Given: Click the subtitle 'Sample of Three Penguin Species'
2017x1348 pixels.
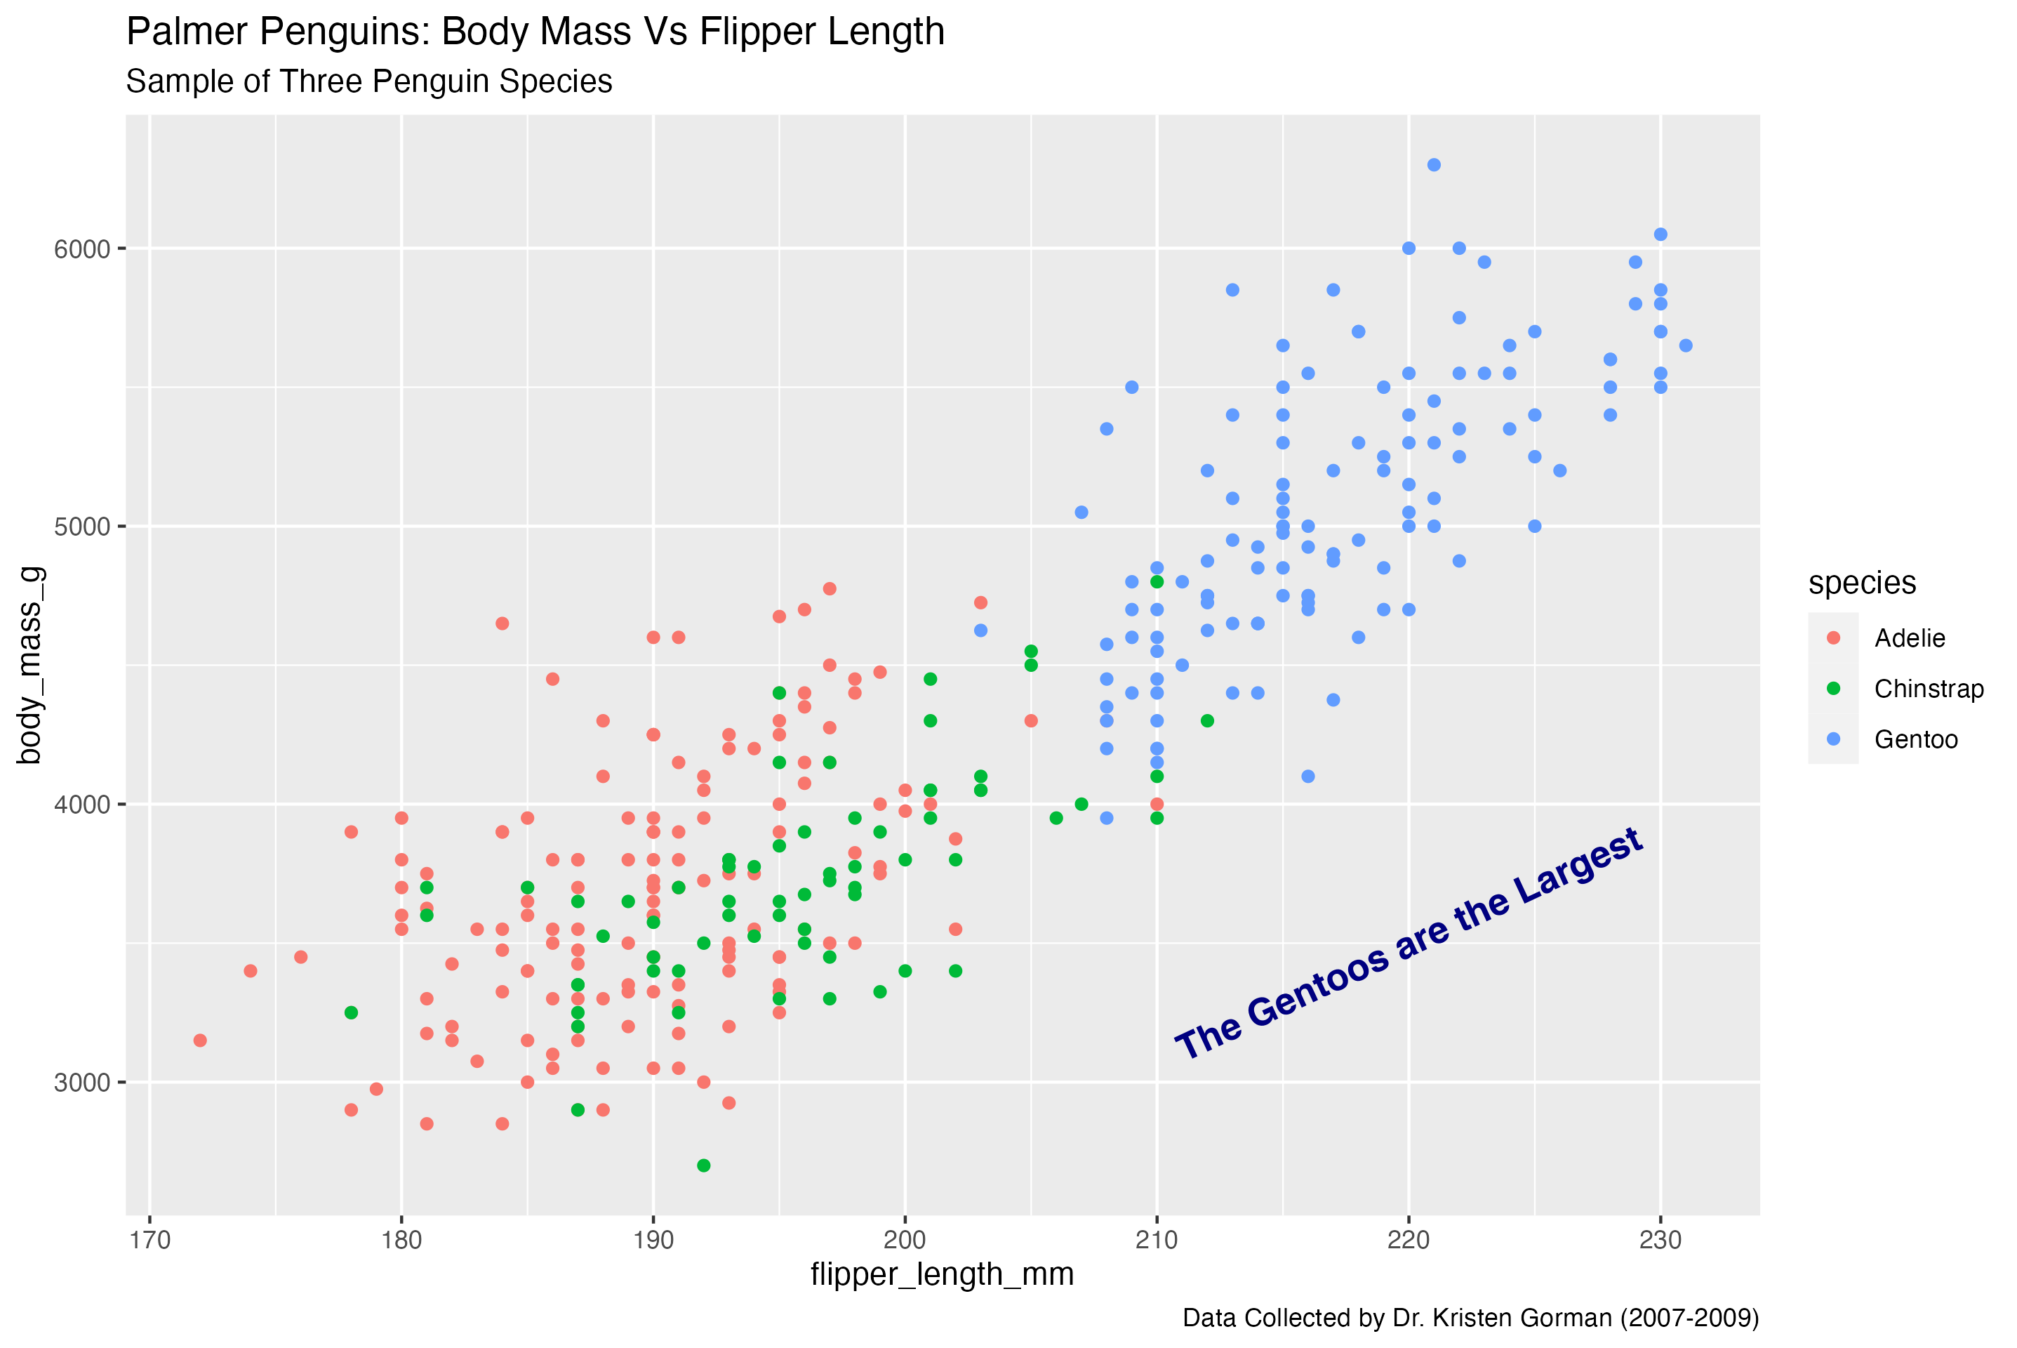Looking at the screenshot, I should pyautogui.click(x=368, y=81).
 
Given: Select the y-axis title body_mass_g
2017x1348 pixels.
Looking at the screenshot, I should pyautogui.click(x=29, y=665).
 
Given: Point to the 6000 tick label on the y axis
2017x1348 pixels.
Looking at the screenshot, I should pyautogui.click(x=83, y=249).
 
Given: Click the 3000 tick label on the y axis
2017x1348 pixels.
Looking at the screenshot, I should pyautogui.click(x=83, y=1083).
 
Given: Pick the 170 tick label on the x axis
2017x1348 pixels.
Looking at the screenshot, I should pyautogui.click(x=149, y=1241).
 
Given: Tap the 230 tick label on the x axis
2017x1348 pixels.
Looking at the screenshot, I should pyautogui.click(x=1660, y=1241).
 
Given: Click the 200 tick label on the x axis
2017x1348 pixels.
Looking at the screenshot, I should pyautogui.click(x=905, y=1241).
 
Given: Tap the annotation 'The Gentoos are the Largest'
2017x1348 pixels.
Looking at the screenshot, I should pyautogui.click(x=1409, y=944).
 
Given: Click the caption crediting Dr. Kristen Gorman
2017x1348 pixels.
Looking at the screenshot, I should pyautogui.click(x=1470, y=1318).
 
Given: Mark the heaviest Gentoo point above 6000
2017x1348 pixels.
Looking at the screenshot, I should pyautogui.click(x=1434, y=165).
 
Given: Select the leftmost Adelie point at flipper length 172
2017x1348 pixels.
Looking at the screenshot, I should pyautogui.click(x=200, y=1040).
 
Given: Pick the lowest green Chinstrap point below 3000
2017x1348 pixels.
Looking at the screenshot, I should pyautogui.click(x=704, y=1165).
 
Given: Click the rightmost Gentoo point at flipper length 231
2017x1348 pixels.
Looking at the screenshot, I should pyautogui.click(x=1685, y=345).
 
